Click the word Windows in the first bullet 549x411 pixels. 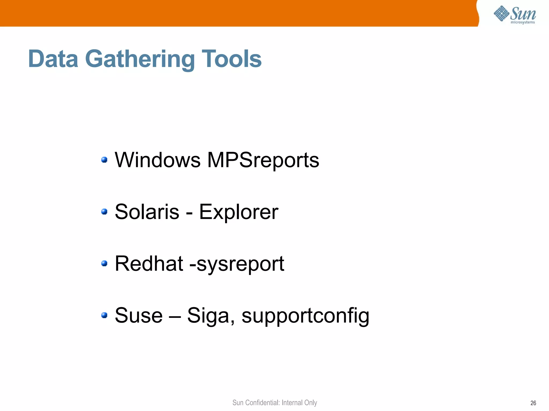[158, 160]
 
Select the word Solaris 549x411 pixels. [147, 212]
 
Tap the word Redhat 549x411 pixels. [149, 264]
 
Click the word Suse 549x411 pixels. [139, 315]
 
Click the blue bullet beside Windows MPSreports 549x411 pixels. [104, 160]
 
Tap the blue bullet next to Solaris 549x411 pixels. [104, 212]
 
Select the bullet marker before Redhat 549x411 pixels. [104, 264]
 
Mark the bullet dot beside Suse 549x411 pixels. [104, 315]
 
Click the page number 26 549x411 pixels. [533, 403]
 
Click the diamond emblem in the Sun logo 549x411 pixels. [501, 13]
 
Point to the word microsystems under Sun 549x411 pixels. [523, 22]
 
